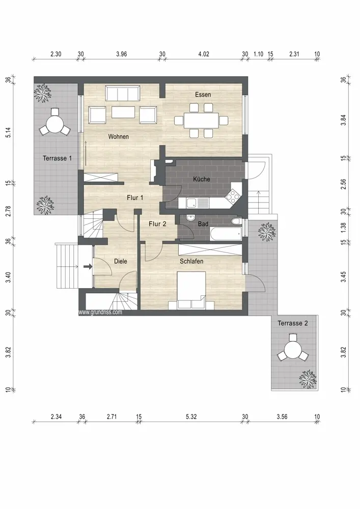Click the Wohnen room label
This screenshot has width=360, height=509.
(118, 136)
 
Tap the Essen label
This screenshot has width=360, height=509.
(203, 95)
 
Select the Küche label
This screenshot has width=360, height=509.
(201, 179)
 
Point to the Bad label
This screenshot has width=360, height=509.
(203, 223)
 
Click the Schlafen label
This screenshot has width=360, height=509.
(191, 261)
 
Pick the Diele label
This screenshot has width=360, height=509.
(121, 261)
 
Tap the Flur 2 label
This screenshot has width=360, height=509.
(157, 223)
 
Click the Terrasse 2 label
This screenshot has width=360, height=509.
(292, 323)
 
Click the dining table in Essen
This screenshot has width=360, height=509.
(201, 121)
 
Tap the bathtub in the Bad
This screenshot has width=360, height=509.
(225, 234)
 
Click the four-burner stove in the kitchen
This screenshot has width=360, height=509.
(232, 195)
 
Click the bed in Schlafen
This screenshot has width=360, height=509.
(191, 291)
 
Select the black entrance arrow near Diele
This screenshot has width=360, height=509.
(88, 267)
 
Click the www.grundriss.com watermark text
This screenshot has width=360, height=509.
(100, 312)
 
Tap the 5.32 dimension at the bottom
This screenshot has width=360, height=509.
(191, 416)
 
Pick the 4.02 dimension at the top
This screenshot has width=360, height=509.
(204, 54)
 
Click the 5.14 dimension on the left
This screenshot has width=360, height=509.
(9, 132)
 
